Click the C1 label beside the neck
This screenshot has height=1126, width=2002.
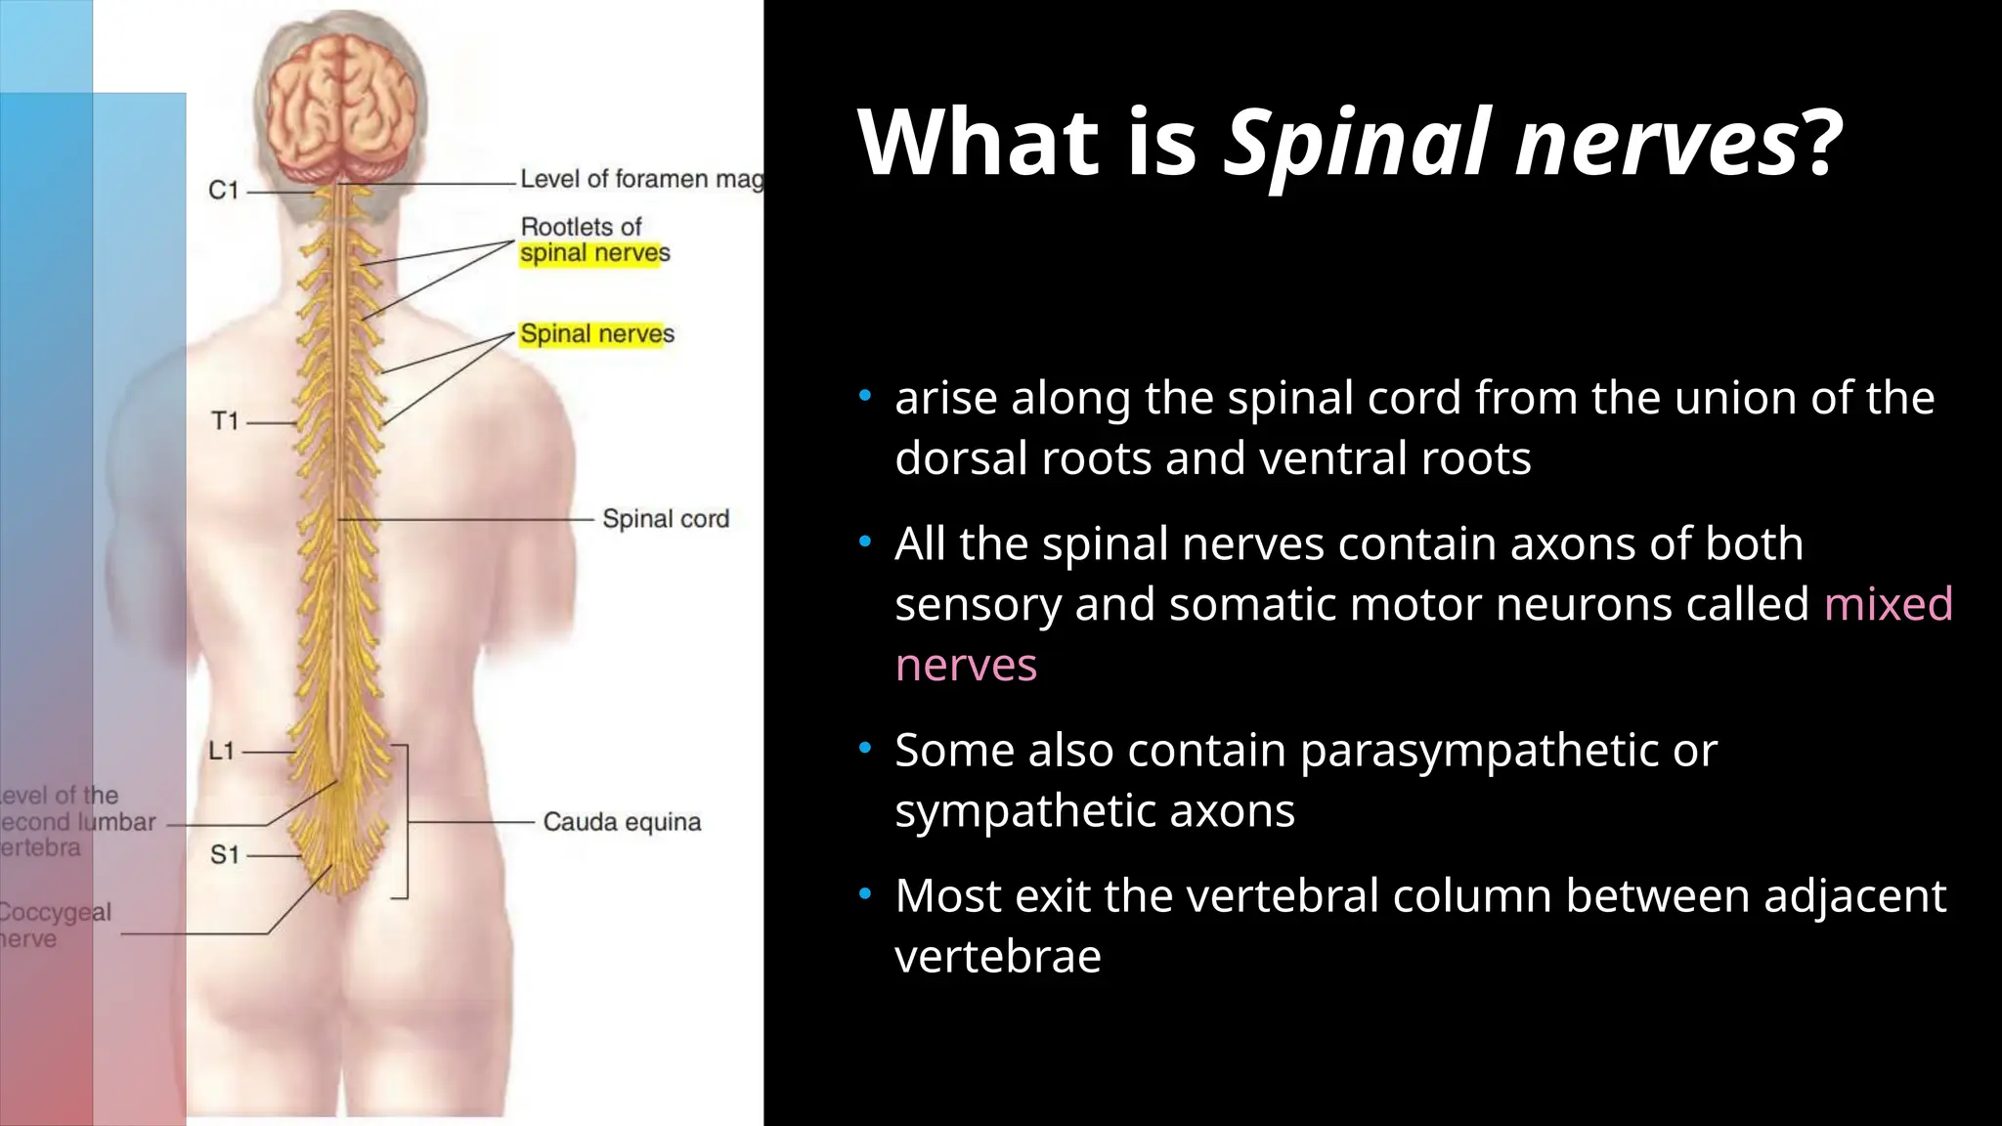[x=224, y=191]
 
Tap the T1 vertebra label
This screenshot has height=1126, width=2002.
[x=225, y=421]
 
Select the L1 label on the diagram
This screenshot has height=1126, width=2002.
[x=222, y=751]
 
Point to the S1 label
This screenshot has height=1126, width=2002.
[x=225, y=855]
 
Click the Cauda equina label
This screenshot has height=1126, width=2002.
[x=622, y=822]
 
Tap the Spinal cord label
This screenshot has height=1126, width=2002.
[x=665, y=519]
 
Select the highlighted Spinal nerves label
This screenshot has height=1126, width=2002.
[x=596, y=334]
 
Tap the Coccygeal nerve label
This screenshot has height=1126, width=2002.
[x=54, y=925]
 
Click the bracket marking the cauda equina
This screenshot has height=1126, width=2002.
[x=403, y=821]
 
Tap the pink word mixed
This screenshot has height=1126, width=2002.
[x=1888, y=604]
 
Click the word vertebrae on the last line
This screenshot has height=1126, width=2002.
[x=997, y=956]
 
